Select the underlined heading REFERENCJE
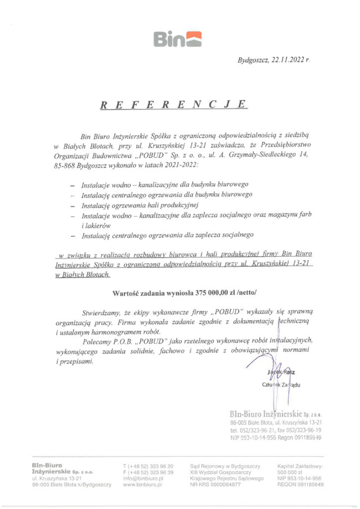174,105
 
